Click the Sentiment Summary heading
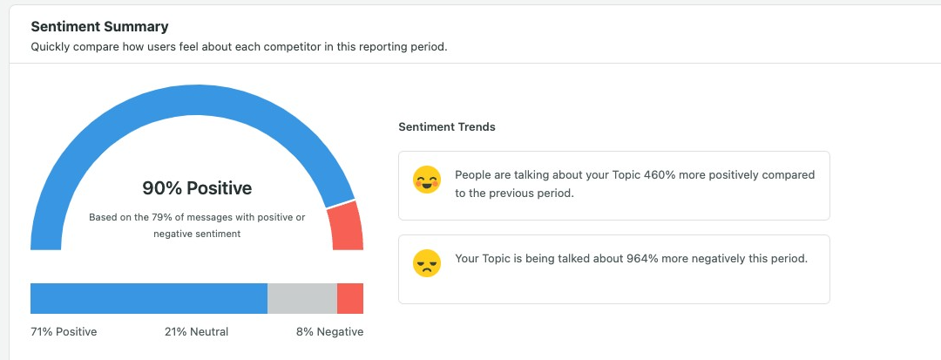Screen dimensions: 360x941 100,27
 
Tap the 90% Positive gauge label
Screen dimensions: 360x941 197,187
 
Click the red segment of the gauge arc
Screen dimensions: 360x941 346,226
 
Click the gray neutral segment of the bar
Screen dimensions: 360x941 301,298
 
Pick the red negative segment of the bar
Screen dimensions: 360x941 350,298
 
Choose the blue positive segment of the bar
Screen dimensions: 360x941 148,298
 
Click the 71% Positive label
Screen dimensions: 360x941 64,332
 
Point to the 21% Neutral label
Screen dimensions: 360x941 196,332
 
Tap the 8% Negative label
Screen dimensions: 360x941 329,332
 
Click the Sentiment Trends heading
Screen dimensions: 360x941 447,127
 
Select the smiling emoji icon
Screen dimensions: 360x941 427,180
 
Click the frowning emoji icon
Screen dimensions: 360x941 427,263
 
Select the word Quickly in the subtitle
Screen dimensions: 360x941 51,47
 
